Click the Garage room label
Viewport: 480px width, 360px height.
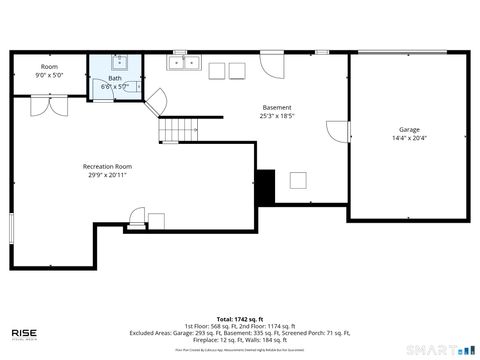point(408,129)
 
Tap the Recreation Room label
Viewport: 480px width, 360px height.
point(107,166)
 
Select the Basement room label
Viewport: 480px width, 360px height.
point(277,108)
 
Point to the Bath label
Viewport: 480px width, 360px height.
point(115,78)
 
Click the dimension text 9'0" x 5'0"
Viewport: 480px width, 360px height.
point(49,75)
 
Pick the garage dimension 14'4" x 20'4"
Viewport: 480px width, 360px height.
point(408,139)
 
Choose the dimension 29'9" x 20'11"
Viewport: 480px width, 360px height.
point(107,175)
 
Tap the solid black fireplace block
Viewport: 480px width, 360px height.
point(265,187)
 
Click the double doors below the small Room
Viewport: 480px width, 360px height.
point(49,105)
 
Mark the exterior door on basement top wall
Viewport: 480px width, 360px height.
point(271,62)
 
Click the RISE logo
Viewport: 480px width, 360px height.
point(25,333)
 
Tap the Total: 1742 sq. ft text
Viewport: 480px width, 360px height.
point(239,318)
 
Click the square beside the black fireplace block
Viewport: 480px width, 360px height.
point(298,180)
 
